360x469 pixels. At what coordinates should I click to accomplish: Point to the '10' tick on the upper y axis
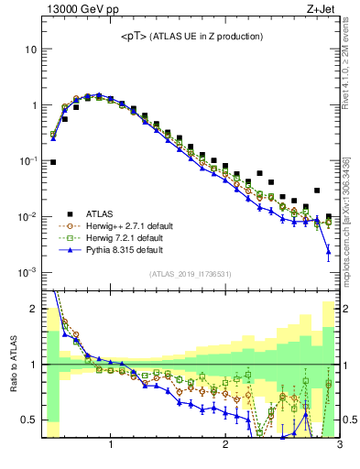point(30,49)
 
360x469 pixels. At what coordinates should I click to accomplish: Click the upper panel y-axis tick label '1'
point(33,105)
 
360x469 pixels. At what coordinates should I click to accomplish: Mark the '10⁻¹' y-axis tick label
point(27,160)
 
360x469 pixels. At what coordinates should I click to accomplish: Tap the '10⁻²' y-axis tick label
point(27,216)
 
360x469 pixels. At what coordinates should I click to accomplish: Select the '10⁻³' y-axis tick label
point(27,273)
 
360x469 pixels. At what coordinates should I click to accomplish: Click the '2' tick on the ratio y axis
point(33,309)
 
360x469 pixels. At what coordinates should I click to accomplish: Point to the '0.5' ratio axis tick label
point(29,420)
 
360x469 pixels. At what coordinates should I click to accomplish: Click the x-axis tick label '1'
point(111,446)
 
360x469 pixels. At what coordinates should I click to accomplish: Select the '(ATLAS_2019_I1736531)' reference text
point(189,274)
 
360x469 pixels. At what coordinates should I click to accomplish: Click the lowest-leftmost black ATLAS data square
point(53,162)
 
